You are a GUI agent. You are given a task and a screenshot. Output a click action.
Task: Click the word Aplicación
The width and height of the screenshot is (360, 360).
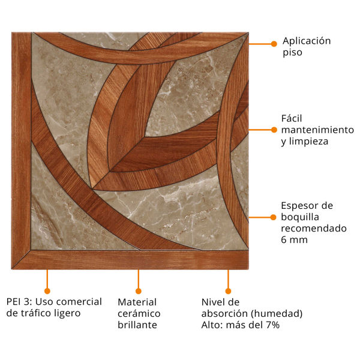coord(307,41)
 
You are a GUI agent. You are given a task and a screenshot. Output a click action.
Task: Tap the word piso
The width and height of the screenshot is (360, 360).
coord(292,53)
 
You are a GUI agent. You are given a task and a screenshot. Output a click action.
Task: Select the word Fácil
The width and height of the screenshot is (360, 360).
coord(292,118)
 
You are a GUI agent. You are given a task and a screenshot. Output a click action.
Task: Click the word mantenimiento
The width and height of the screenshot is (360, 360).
coord(317,130)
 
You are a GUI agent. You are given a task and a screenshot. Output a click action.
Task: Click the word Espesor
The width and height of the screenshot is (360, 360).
coord(301,206)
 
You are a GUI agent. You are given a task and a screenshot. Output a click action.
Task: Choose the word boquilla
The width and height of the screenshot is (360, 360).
coord(300,217)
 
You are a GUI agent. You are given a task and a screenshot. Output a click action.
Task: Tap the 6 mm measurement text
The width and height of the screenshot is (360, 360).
coord(295,240)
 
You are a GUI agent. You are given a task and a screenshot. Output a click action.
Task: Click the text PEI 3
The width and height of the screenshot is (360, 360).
coord(18,302)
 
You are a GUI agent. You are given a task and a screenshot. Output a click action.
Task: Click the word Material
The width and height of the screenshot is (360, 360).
coord(137,302)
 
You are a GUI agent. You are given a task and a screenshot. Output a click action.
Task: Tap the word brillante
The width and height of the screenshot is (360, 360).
coord(137,325)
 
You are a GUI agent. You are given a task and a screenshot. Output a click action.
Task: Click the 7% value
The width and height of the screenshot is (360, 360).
coord(272,325)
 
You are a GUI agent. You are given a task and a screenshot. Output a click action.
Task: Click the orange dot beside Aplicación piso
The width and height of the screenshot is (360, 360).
coord(274,44)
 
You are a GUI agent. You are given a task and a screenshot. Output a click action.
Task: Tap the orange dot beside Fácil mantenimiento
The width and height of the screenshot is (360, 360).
coord(274,130)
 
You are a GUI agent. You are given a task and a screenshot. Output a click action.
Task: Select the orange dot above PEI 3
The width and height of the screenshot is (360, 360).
coord(47,291)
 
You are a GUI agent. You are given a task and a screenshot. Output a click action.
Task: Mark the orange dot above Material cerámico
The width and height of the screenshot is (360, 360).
coord(138,291)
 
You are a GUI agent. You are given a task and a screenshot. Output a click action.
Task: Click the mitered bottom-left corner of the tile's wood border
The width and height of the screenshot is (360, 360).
coord(13,268)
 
